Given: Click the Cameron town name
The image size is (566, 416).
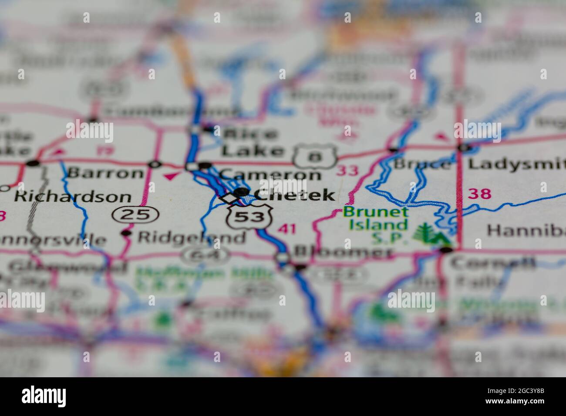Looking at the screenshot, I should point(270,174).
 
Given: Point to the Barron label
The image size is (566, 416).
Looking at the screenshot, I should point(105,173).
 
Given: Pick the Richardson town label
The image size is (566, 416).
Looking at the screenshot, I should point(72,197).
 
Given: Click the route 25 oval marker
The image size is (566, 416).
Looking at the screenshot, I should point(136,214).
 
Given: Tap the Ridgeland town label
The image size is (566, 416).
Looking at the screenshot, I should point(192,237).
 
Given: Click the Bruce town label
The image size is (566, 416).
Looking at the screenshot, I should point(421,164).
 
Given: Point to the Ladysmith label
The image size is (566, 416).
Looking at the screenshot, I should point(516,164).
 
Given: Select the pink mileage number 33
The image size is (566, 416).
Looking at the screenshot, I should point(348,171).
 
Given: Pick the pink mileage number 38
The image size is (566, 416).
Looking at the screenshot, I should point(479,194).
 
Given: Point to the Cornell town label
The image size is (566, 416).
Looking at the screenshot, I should point(492,263).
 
